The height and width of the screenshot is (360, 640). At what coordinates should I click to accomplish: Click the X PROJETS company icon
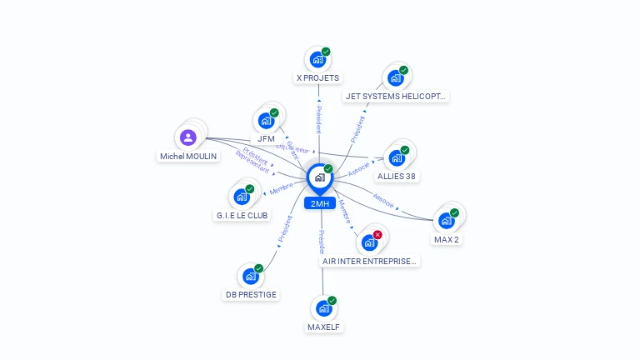click(317, 60)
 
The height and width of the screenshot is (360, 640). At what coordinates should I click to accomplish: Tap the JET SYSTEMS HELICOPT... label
click(396, 96)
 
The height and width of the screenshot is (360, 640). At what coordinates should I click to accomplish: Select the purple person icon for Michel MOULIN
click(188, 137)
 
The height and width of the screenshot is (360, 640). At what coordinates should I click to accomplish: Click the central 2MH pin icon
click(319, 177)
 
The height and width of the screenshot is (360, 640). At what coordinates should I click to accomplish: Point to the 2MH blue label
click(320, 203)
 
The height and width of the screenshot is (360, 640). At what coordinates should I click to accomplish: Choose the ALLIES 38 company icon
click(396, 157)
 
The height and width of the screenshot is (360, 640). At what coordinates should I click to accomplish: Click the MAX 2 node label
click(447, 239)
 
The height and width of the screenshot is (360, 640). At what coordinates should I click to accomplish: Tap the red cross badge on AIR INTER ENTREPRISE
click(377, 235)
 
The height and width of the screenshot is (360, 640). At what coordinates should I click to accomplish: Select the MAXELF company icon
click(323, 308)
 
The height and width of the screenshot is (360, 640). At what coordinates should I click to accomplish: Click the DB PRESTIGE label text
click(251, 294)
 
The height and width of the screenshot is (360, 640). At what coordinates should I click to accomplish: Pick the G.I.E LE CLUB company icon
click(242, 197)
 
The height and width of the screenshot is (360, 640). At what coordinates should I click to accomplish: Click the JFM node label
click(266, 138)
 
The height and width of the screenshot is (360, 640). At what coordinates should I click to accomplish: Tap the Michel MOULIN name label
click(188, 156)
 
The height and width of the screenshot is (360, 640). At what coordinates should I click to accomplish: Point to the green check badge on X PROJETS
click(326, 52)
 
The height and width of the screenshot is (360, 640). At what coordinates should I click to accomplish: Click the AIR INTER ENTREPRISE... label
click(369, 261)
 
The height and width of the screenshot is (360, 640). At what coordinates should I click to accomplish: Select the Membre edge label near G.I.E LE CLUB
click(280, 190)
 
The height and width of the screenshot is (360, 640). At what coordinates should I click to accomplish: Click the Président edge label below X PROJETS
click(318, 119)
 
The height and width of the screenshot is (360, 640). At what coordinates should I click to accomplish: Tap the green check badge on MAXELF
click(332, 300)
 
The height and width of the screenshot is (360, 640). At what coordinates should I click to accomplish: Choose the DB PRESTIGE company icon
click(250, 277)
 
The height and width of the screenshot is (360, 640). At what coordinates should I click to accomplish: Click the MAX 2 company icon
click(446, 221)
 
